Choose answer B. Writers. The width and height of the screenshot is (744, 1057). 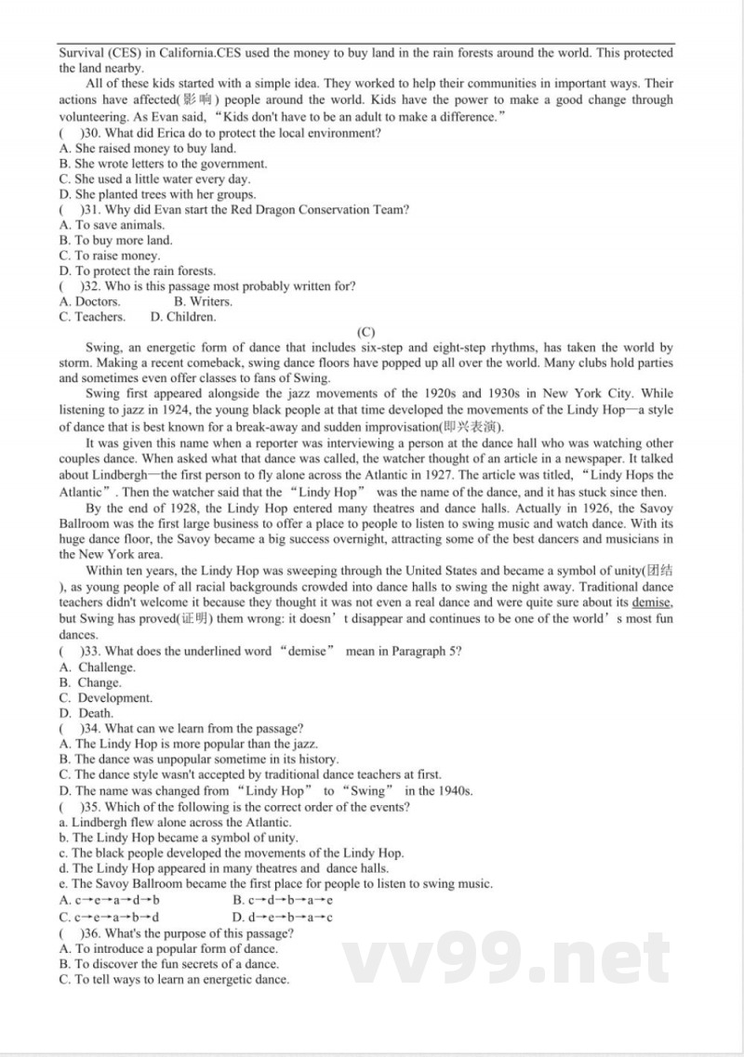tap(203, 301)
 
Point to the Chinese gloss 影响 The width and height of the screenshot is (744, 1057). tap(200, 100)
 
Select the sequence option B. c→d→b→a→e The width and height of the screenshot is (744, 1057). tap(284, 900)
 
